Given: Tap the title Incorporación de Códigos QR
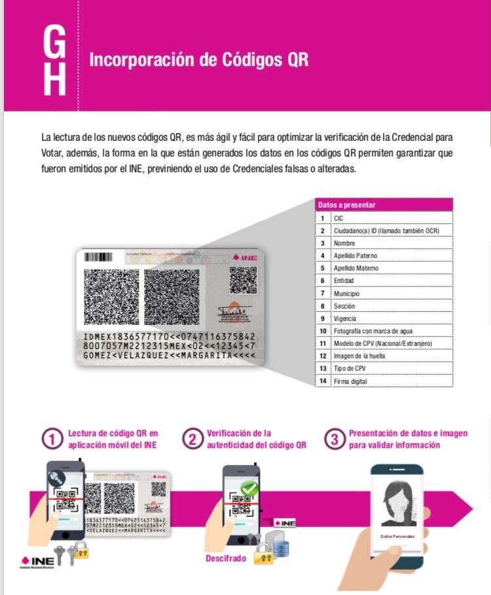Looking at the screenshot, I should click(198, 60).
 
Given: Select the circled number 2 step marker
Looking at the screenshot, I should click(192, 440).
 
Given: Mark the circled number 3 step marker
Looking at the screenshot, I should click(335, 440).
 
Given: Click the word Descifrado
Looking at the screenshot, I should click(226, 558).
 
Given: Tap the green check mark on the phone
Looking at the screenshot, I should click(249, 489).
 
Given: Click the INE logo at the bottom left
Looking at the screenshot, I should click(37, 562).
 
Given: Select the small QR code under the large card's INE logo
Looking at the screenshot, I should click(241, 280).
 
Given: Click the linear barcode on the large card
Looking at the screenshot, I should click(98, 258).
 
